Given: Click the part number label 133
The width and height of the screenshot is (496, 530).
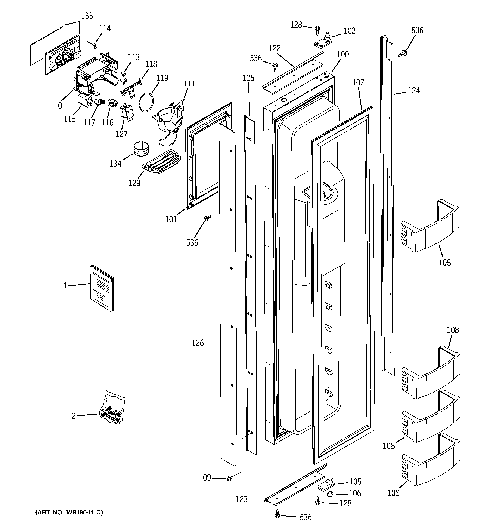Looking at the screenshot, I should click(x=87, y=16).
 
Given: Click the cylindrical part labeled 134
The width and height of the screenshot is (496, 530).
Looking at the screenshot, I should click(x=141, y=149).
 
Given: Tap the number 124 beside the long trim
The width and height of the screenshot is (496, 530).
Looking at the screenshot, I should click(x=414, y=91).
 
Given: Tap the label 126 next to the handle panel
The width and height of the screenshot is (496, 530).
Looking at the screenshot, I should click(x=198, y=343).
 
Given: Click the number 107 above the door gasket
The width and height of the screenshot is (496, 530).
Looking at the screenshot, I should click(x=358, y=83).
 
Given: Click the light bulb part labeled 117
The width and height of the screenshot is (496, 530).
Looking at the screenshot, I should click(x=99, y=102).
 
